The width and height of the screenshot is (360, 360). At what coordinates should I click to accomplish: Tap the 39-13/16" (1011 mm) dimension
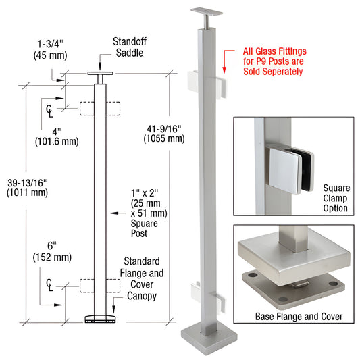[24, 187]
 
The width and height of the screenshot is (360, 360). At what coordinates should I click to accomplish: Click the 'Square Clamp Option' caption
[336, 197]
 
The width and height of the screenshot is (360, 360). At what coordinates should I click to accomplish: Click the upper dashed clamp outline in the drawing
[100, 109]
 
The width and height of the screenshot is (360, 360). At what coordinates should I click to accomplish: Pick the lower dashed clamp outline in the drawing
[100, 286]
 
